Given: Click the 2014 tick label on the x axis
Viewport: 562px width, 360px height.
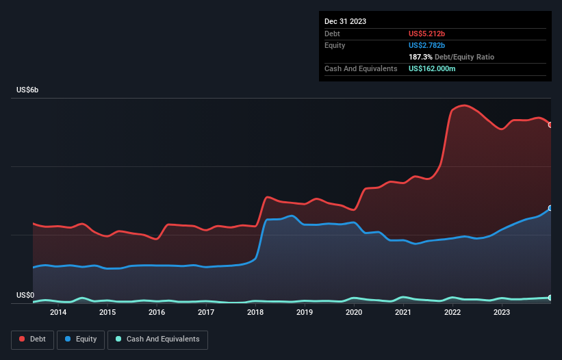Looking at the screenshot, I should (58, 313).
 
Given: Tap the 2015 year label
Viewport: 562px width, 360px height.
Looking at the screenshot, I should (107, 313).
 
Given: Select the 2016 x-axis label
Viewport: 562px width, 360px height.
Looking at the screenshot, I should (157, 313).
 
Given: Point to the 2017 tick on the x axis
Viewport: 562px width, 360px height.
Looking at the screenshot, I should (206, 313).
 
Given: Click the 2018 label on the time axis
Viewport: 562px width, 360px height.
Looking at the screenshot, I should (255, 313).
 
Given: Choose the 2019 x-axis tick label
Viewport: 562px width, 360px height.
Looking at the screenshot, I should (305, 313).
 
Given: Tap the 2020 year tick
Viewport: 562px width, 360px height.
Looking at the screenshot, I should (354, 313).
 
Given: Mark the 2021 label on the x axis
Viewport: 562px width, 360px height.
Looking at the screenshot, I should (403, 313).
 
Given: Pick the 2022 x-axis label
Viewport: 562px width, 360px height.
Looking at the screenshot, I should (452, 313).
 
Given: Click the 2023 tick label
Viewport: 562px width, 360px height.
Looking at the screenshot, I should (502, 313).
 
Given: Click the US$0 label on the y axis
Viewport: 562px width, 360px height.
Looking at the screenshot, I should (25, 296).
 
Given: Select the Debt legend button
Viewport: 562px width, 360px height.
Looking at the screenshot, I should (32, 339).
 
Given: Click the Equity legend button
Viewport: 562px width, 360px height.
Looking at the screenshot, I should (81, 339).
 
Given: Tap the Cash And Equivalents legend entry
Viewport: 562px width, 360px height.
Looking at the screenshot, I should (157, 339).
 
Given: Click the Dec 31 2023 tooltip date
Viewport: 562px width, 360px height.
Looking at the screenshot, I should (345, 21).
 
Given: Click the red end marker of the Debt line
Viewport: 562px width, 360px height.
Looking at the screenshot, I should (550, 125).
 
